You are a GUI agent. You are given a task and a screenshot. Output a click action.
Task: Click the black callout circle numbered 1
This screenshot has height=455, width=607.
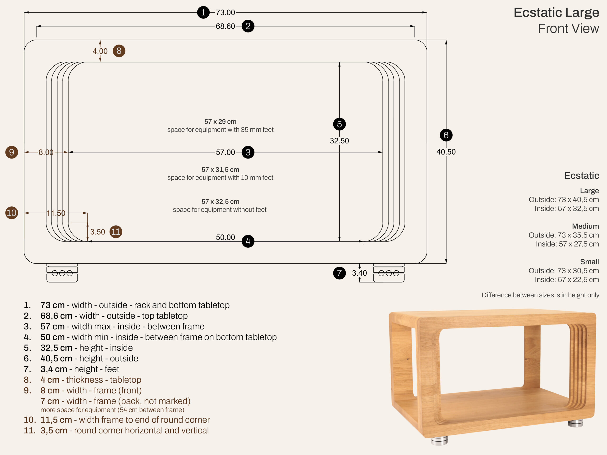203,12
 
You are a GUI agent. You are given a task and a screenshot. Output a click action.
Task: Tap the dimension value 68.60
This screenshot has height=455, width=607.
225,26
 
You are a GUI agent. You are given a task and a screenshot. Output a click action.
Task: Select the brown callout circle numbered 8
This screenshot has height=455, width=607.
119,51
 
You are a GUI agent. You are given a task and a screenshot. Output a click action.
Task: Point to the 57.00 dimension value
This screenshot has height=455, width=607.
225,152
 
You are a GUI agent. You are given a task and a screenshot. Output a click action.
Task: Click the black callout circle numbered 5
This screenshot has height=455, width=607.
340,124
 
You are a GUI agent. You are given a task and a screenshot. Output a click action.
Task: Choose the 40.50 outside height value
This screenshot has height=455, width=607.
446,152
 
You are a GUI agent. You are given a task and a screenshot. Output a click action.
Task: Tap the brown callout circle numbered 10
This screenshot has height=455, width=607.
12,213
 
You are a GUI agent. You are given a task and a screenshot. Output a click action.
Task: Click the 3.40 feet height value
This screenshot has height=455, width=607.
359,273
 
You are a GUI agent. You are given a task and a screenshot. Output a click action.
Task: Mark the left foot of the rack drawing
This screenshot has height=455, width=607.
62,273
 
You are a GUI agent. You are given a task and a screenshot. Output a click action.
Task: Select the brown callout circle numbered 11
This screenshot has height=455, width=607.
116,232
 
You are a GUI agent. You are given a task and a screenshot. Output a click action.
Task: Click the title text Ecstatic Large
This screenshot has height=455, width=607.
556,13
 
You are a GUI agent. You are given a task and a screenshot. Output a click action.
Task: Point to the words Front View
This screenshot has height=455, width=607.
568,28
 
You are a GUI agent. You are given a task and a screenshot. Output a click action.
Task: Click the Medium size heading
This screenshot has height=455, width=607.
585,226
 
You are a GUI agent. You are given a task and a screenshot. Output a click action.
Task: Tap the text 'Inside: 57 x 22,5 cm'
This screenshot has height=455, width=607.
567,279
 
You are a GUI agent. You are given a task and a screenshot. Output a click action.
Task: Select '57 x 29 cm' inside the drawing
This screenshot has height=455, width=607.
220,122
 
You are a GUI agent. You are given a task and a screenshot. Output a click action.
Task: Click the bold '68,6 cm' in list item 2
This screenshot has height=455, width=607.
56,316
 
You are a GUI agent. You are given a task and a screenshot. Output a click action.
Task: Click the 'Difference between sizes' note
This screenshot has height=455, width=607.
540,295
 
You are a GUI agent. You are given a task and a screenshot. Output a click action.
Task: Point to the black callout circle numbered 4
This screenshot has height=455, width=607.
248,241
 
